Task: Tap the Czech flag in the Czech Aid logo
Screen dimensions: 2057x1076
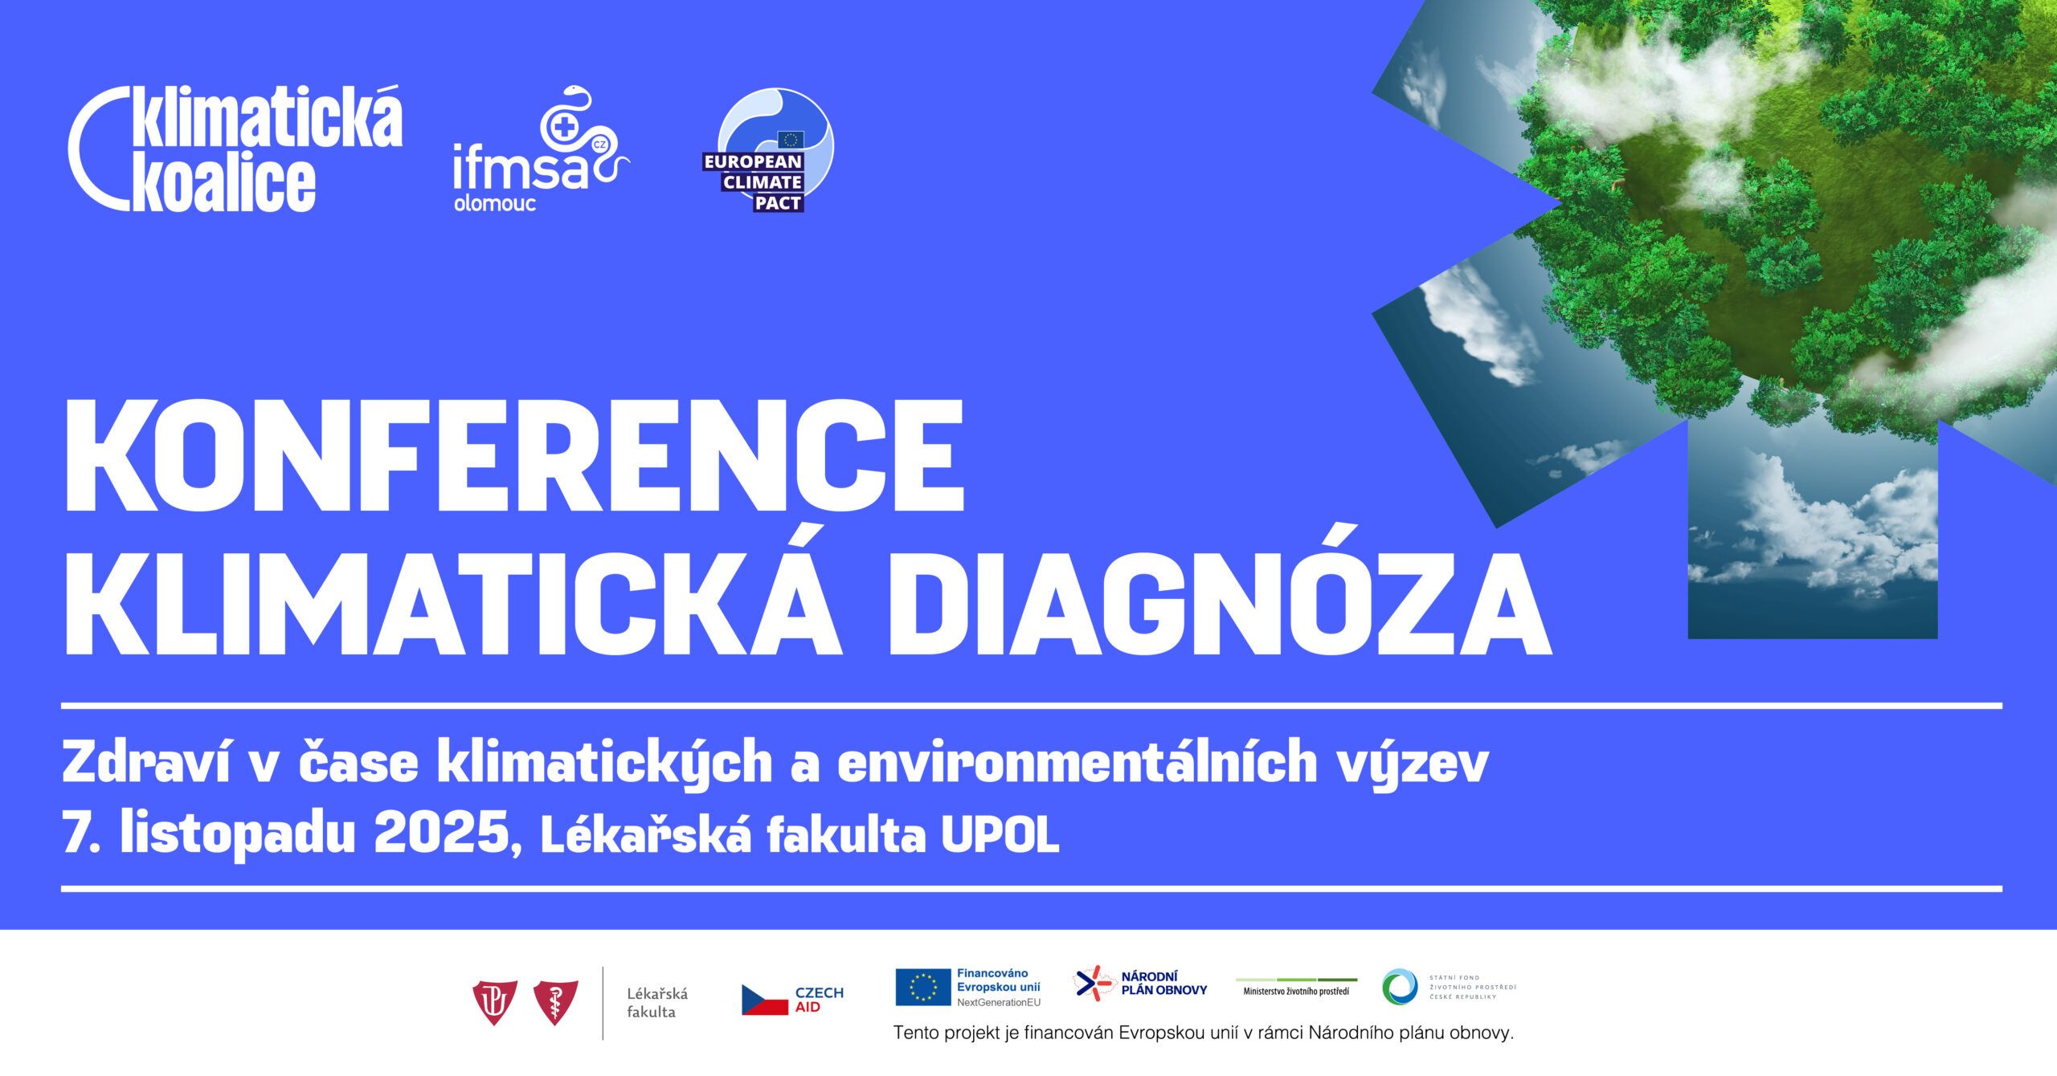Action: tap(764, 1000)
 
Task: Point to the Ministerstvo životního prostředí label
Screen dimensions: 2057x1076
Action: tap(1296, 992)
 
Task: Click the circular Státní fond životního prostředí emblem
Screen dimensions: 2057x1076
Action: tap(1400, 987)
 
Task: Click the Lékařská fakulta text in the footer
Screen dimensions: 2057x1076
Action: tap(657, 1003)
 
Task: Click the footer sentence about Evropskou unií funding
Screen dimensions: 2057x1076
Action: tap(1204, 1033)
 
